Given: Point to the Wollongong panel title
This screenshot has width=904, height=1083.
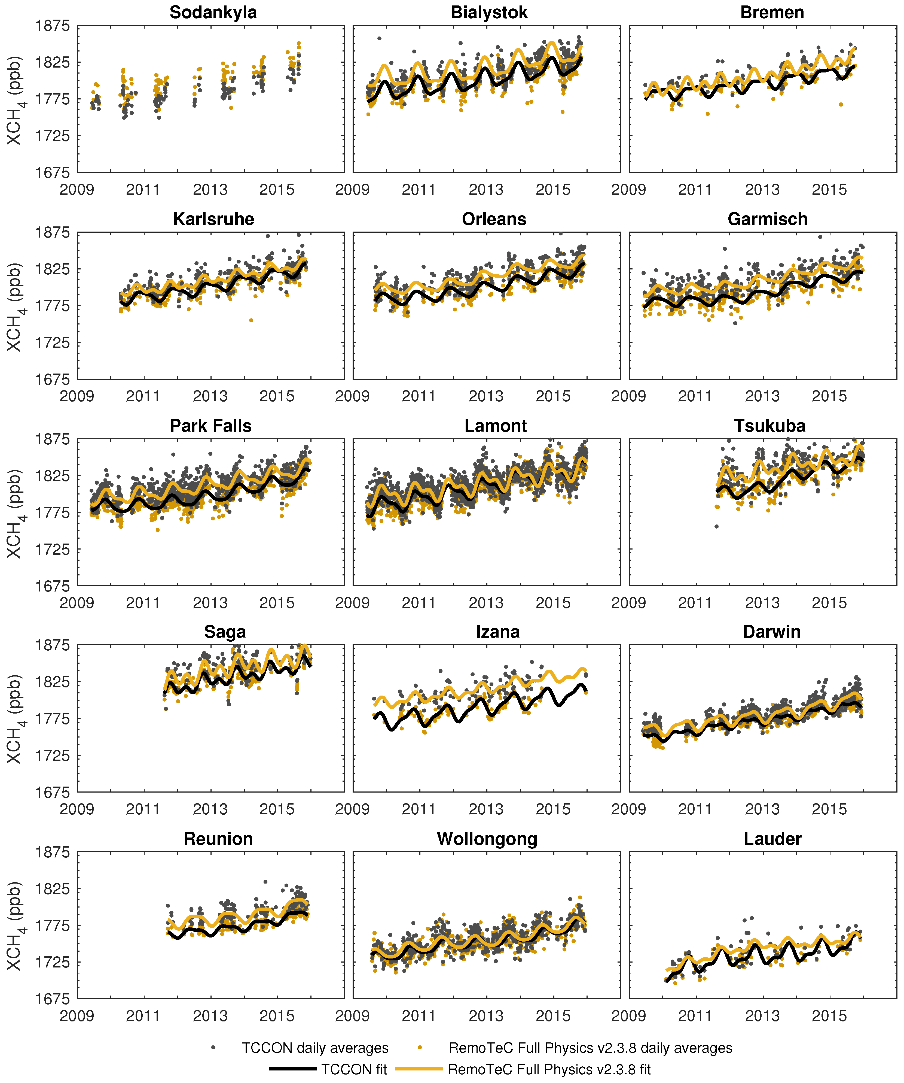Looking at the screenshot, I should coord(487,839).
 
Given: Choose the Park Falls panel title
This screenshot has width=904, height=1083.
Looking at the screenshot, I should coord(211,426).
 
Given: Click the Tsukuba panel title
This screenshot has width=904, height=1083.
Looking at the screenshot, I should coord(769,426).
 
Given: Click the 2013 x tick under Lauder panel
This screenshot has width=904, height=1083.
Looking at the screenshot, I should coord(762,1016).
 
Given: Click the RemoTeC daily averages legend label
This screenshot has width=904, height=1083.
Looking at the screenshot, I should coord(590,1048).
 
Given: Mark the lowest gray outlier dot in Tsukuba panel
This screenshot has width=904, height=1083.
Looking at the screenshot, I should coord(716,527).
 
